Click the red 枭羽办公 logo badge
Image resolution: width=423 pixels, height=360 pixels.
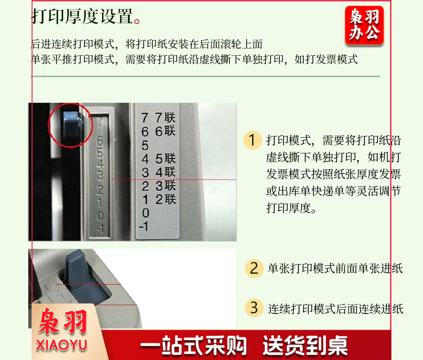coord(364,25)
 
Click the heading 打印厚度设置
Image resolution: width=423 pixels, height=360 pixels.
coord(82,16)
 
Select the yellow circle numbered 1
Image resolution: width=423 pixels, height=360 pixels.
coord(252,140)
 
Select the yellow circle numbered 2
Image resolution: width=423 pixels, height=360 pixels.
coord(254,268)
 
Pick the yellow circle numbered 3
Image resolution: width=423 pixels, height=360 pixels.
coord(254,308)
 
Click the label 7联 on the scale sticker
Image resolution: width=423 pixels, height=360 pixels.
coord(165,118)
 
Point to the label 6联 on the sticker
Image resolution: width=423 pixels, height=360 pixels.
coord(165,131)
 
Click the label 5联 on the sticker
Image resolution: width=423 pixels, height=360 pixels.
coord(165,159)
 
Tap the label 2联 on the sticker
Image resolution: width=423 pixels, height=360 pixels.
coord(166,199)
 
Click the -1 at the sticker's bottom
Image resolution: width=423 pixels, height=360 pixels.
coord(144,226)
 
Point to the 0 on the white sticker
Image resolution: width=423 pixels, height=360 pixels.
coord(146,213)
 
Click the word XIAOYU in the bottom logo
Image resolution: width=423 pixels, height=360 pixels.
coord(61,345)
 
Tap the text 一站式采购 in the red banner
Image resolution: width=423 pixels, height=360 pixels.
coord(193,345)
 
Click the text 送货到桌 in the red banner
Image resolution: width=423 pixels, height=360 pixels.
coord(305,345)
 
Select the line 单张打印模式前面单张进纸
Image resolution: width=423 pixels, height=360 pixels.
coord(336,269)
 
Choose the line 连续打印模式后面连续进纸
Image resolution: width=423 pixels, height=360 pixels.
coord(336,309)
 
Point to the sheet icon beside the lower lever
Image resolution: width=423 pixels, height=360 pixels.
coord(51,287)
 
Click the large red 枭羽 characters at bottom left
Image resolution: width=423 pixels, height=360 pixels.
coord(63,322)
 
